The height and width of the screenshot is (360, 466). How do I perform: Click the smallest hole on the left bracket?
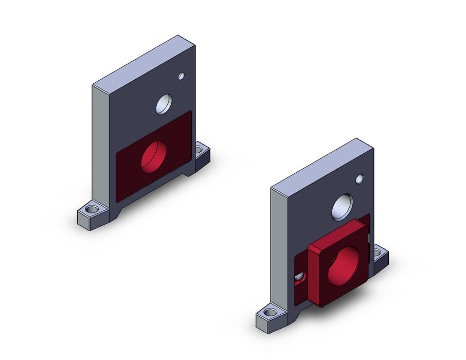(181, 77)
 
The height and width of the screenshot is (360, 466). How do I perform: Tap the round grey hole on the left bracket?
(165, 104)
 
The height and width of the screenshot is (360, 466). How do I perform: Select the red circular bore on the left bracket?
(154, 156)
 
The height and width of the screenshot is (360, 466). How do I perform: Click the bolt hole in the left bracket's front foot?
(93, 210)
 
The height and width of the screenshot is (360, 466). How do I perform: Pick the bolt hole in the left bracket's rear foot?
(199, 150)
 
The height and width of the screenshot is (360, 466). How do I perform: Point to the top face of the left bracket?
(144, 61)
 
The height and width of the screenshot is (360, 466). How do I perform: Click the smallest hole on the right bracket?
(360, 179)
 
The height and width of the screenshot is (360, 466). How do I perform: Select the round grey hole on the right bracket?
(343, 207)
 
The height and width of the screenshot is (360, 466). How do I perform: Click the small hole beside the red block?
(300, 278)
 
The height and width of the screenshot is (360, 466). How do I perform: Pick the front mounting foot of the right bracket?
(270, 319)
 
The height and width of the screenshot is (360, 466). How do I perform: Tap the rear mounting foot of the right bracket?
(382, 258)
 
